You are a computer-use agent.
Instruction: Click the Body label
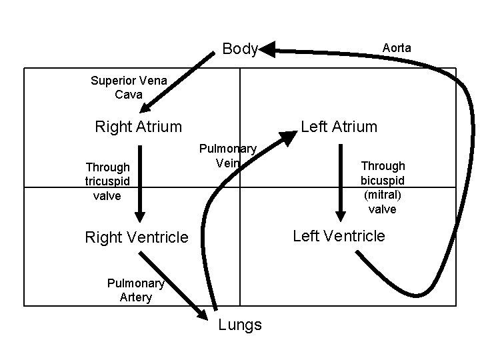pos(239,49)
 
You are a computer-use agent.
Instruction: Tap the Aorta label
pos(397,48)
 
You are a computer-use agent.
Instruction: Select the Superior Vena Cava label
pos(129,87)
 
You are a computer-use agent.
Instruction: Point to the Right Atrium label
pos(138,126)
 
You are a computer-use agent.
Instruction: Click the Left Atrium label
pos(339,126)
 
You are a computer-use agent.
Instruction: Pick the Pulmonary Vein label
pos(229,155)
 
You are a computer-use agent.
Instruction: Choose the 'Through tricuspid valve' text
pos(107,181)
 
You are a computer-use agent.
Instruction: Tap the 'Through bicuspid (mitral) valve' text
pos(383,187)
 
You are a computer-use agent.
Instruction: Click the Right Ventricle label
pos(137,237)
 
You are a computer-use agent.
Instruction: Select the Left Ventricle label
pos(339,235)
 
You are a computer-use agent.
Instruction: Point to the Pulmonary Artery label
pos(135,290)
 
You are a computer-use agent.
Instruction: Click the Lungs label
pos(240,325)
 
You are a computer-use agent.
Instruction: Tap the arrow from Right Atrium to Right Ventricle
pos(139,187)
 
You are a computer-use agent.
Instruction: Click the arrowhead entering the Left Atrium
pos(287,139)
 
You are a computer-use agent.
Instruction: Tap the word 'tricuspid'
pos(107,181)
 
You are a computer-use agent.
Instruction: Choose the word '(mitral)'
pos(383,195)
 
